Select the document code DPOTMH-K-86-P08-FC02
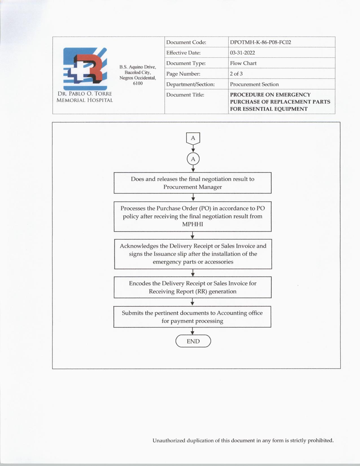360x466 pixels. (x=260, y=42)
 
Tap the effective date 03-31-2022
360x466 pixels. (x=242, y=53)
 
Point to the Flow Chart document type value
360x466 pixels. (x=243, y=63)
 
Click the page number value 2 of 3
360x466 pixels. (x=236, y=74)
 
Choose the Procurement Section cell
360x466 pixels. (x=254, y=84)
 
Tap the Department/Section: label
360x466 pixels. (x=190, y=84)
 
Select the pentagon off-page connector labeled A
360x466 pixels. (x=193, y=138)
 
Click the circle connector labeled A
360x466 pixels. (x=193, y=159)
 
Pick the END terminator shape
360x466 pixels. (x=193, y=341)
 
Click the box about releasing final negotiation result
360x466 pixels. (x=193, y=183)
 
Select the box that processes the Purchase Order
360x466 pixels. (x=193, y=216)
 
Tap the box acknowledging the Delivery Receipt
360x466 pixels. (x=193, y=254)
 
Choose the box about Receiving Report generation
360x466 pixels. (x=193, y=287)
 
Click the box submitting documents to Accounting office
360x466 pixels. (x=192, y=317)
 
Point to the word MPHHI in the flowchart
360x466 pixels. (x=193, y=224)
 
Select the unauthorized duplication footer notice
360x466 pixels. (x=243, y=440)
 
